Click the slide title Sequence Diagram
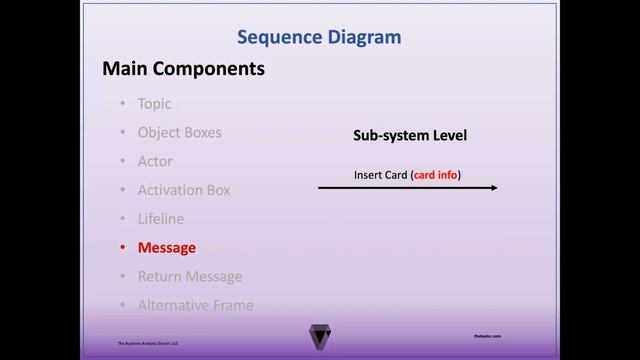pos(319,38)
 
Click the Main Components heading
pos(183,69)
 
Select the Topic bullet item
pos(154,103)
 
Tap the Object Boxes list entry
pos(179,132)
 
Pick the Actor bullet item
pos(155,161)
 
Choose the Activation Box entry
pos(184,190)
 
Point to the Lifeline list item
pos(160,219)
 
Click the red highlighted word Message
pos(167,248)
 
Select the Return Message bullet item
pos(190,277)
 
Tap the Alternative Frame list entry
pos(195,306)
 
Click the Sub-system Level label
pos(410,135)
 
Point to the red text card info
pos(435,175)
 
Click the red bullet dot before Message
pos(122,248)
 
